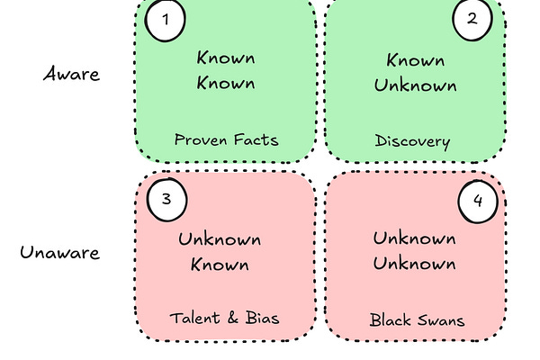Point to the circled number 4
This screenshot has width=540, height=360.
(x=478, y=202)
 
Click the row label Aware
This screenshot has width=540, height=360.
(x=71, y=74)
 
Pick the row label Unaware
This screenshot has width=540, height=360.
(x=60, y=251)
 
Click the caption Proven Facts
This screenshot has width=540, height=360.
(x=226, y=139)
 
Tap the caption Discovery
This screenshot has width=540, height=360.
(x=412, y=140)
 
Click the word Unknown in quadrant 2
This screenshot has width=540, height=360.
(x=415, y=86)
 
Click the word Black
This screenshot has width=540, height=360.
(x=390, y=319)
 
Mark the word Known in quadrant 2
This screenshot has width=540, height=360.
(x=415, y=60)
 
